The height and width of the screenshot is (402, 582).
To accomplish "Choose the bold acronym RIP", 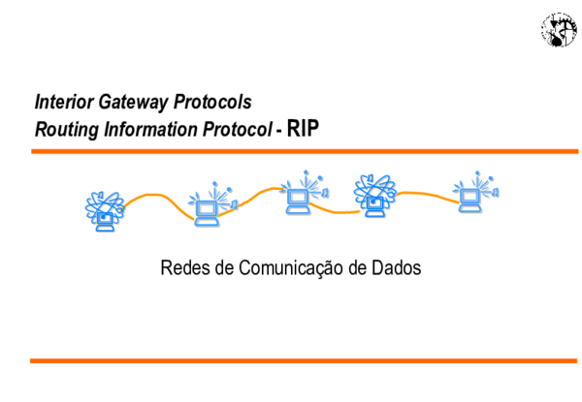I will point(303,127).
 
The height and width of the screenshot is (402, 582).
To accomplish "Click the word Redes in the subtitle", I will point(181,267).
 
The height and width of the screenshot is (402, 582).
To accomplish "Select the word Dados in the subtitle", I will point(397,267).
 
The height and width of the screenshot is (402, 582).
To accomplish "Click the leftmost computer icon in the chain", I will point(104,210).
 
